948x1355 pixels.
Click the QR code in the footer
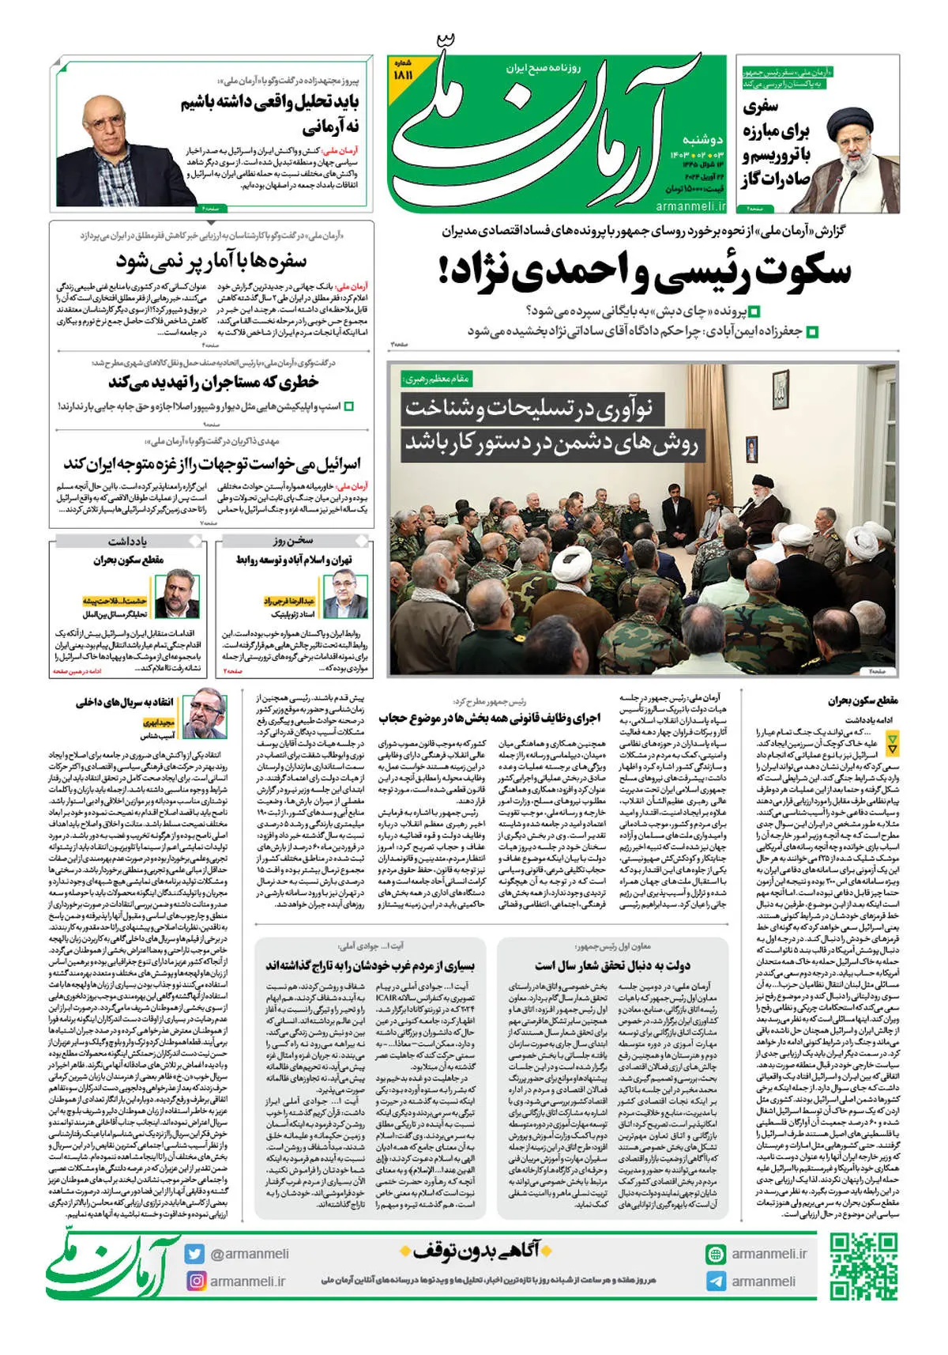(864, 1266)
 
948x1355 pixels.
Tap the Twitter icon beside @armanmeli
(195, 1254)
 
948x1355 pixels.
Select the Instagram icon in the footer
(195, 1281)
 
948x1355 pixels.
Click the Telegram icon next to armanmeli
(716, 1281)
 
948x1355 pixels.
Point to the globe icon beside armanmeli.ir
(716, 1254)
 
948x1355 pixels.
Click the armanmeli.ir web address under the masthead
(690, 206)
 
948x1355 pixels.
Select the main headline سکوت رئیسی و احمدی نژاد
(645, 271)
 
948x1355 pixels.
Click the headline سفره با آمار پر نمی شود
(211, 260)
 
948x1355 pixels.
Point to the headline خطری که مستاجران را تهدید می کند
(213, 383)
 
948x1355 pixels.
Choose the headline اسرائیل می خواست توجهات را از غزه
(212, 462)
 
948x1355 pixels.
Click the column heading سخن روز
(293, 541)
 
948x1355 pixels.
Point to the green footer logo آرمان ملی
(113, 1265)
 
